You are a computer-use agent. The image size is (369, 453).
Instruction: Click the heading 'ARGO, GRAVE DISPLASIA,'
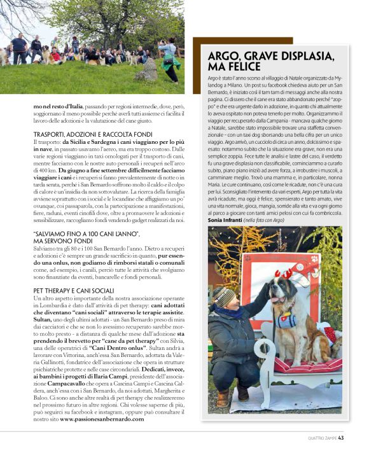pos(271,55)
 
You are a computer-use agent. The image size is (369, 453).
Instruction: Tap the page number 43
pos(342,437)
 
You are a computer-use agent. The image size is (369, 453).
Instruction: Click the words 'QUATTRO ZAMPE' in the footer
pos(317,437)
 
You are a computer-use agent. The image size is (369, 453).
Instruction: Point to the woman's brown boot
pos(223,397)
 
